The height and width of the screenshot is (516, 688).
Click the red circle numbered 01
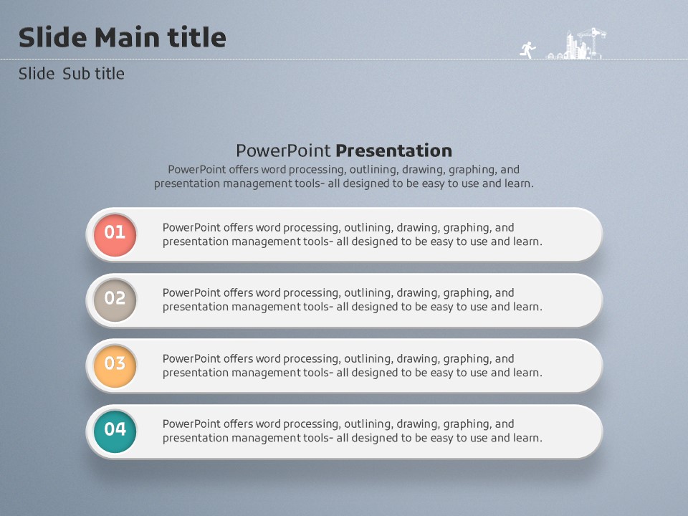(115, 235)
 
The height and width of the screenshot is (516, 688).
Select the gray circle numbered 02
(115, 300)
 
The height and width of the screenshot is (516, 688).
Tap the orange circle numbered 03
(115, 365)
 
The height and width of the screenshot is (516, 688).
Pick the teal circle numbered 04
(115, 431)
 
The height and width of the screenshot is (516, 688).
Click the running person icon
(528, 49)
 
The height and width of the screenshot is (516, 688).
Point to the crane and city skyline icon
(576, 43)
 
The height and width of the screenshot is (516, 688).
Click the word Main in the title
(127, 37)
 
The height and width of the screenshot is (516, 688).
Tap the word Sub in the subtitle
(76, 74)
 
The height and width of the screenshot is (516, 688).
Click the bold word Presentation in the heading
(394, 151)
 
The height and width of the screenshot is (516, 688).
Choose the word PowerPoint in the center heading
(284, 151)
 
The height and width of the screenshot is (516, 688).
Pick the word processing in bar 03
(311, 359)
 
